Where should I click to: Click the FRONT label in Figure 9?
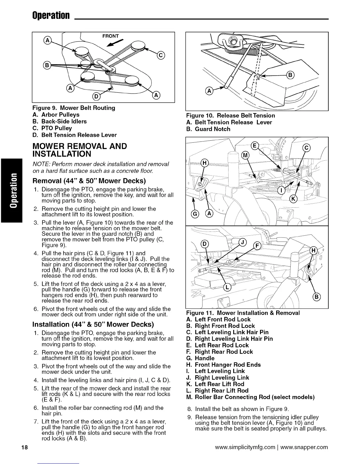(111, 36)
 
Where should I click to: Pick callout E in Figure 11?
(255, 146)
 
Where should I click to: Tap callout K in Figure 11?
(294, 199)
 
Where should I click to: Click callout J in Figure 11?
(243, 242)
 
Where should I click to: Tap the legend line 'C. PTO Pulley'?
(53, 128)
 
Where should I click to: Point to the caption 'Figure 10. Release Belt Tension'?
(231, 116)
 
